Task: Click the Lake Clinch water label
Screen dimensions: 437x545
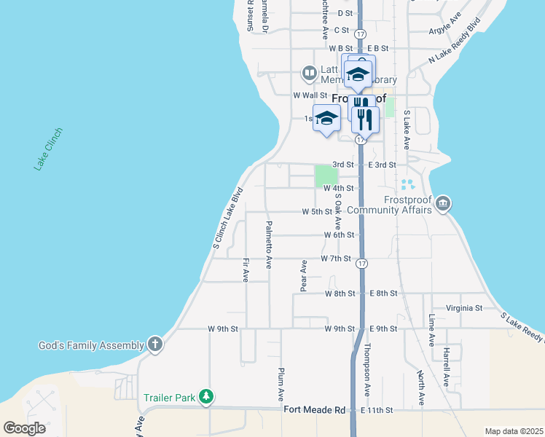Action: pyautogui.click(x=48, y=149)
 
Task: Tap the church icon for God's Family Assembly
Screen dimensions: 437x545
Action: pyautogui.click(x=154, y=344)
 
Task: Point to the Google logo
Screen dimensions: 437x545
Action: pyautogui.click(x=24, y=428)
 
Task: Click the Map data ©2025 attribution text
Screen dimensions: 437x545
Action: pyautogui.click(x=513, y=431)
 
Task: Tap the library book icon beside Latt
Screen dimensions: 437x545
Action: pyautogui.click(x=309, y=73)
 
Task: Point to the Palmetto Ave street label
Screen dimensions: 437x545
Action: pyautogui.click(x=269, y=244)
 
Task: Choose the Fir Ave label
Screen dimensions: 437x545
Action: pyautogui.click(x=246, y=269)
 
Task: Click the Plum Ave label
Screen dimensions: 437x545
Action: pyautogui.click(x=281, y=385)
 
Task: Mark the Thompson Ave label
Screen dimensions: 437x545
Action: pyautogui.click(x=367, y=369)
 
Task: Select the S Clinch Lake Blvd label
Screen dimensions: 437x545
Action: pyautogui.click(x=227, y=219)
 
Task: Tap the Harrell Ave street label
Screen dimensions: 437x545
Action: pyautogui.click(x=445, y=369)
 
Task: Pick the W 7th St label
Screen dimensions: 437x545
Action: pyautogui.click(x=337, y=259)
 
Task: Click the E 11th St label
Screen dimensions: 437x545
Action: pyautogui.click(x=377, y=411)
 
